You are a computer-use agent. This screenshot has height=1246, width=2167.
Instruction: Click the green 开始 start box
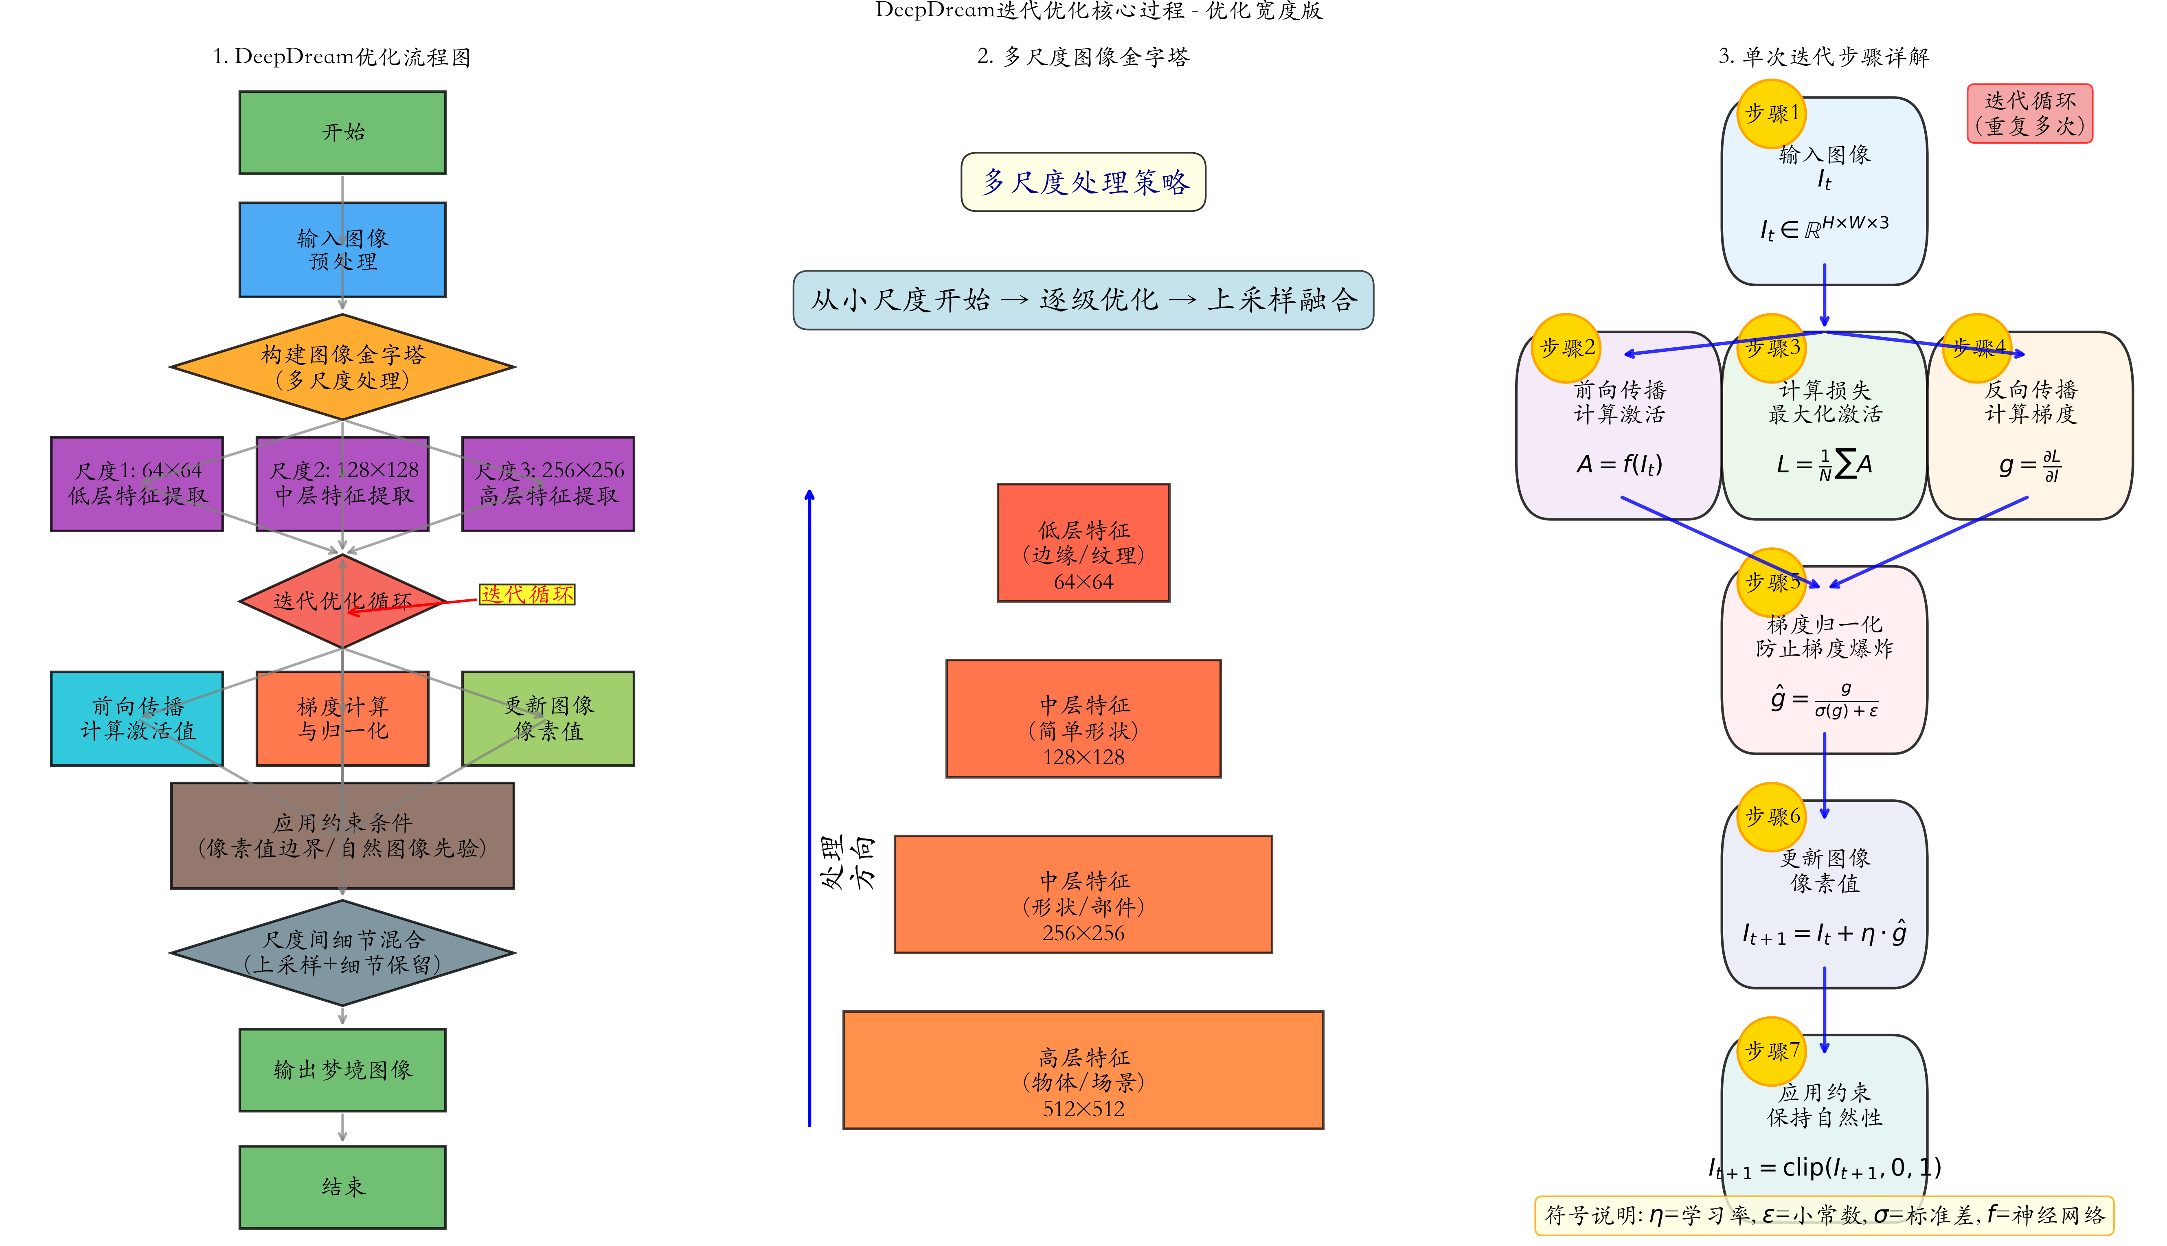click(x=342, y=133)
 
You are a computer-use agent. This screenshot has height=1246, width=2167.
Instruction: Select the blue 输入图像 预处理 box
click(x=342, y=250)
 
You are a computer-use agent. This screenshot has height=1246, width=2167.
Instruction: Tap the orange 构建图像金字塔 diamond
click(x=342, y=367)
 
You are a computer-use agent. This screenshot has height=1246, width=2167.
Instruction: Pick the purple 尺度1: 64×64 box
click(x=137, y=483)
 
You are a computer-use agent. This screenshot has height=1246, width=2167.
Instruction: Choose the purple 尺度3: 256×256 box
click(x=548, y=483)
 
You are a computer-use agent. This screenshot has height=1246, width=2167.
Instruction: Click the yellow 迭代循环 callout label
click(x=527, y=594)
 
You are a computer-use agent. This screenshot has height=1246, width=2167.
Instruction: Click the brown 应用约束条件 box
click(x=342, y=835)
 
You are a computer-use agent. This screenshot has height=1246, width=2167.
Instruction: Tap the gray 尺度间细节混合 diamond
click(x=342, y=952)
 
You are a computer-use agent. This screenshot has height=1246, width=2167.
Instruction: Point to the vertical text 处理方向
click(x=847, y=862)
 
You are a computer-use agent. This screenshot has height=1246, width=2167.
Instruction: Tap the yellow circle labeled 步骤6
click(x=1772, y=816)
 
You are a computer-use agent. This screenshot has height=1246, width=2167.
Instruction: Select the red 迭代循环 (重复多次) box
click(x=2029, y=113)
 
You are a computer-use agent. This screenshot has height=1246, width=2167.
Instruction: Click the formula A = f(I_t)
click(x=1619, y=465)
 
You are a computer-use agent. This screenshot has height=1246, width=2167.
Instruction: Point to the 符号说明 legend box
click(x=1824, y=1215)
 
